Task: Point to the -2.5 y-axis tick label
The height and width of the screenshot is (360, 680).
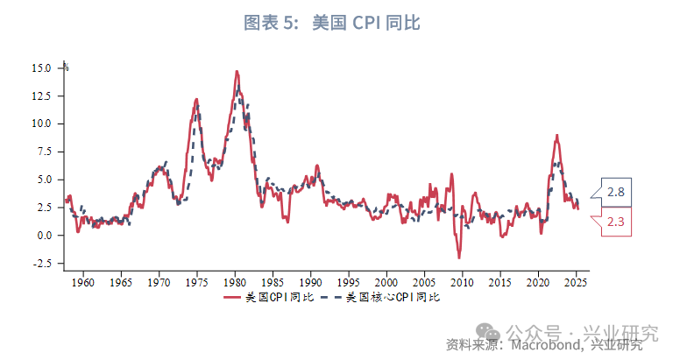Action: point(43,263)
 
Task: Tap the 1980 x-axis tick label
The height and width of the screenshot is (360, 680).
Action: point(235,283)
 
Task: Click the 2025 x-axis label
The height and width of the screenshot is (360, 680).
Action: point(576,283)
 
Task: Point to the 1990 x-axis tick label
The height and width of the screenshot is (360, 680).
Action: point(310,283)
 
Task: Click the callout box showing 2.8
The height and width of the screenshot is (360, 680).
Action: point(614,192)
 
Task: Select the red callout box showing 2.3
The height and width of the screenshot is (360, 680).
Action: point(614,222)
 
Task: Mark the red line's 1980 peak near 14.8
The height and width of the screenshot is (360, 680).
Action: point(237,71)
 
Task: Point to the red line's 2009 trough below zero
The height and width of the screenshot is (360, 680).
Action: point(458,257)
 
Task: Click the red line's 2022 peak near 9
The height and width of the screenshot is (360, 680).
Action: point(556,136)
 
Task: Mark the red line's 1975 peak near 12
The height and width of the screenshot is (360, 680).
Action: point(196,99)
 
